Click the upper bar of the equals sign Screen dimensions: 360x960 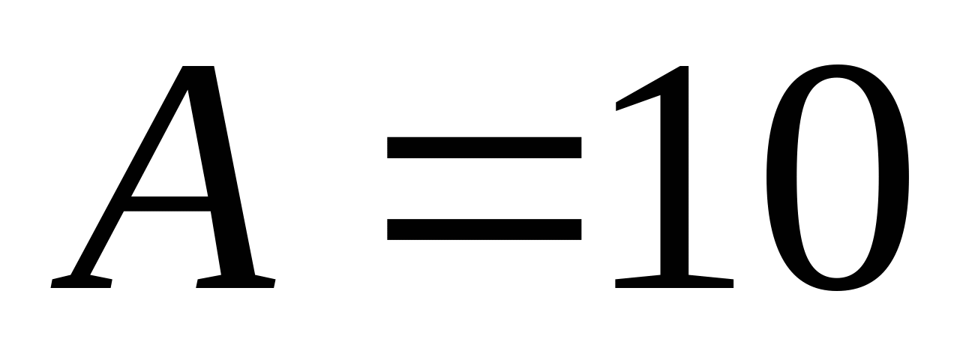coord(484,148)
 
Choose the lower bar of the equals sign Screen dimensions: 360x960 coord(484,229)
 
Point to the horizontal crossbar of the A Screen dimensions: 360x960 coord(169,203)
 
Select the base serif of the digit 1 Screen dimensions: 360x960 coord(673,281)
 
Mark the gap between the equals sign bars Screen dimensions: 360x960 coord(484,188)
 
